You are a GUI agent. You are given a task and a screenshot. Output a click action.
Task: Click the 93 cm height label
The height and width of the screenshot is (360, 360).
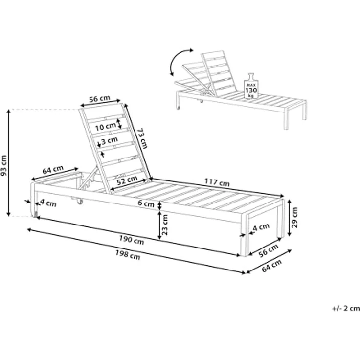point(4,165)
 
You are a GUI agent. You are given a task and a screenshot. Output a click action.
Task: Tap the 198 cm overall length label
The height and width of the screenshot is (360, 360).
point(128,255)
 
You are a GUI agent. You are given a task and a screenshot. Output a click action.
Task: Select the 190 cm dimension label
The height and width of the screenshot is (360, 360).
point(132,240)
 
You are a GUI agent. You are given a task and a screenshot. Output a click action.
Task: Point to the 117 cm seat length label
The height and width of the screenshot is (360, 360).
point(217,182)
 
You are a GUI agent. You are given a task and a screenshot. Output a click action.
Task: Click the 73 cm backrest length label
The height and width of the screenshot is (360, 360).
point(142,138)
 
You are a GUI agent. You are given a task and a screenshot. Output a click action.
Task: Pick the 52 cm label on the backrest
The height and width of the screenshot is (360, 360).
point(127,180)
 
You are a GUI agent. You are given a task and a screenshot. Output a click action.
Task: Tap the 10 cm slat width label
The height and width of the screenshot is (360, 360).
point(106,127)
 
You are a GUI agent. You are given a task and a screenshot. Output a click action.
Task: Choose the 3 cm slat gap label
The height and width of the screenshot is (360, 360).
point(110,140)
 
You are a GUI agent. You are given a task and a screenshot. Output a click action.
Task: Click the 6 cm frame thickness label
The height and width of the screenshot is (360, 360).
point(146,203)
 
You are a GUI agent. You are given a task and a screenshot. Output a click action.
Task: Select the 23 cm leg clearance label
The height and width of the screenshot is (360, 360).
point(165,225)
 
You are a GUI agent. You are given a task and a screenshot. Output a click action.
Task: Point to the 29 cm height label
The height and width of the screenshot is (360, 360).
point(294,218)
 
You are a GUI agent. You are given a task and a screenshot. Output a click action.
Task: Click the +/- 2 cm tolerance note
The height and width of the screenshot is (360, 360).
point(346,308)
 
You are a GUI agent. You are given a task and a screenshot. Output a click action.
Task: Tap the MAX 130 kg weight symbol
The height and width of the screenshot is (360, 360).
point(251,86)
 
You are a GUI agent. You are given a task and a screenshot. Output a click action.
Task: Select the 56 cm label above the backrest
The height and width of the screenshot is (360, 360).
point(100,99)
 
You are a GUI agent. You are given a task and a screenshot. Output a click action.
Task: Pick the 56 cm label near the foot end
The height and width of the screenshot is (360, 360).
point(269,250)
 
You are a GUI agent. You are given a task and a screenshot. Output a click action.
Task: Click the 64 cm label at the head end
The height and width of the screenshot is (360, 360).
point(53,170)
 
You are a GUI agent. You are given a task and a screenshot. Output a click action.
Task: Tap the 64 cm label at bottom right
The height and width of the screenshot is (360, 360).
point(271,266)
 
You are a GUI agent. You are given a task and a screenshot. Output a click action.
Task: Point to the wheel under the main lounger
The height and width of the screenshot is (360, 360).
point(79,202)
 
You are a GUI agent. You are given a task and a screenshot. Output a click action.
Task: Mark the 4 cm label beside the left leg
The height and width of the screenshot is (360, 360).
point(48,203)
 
